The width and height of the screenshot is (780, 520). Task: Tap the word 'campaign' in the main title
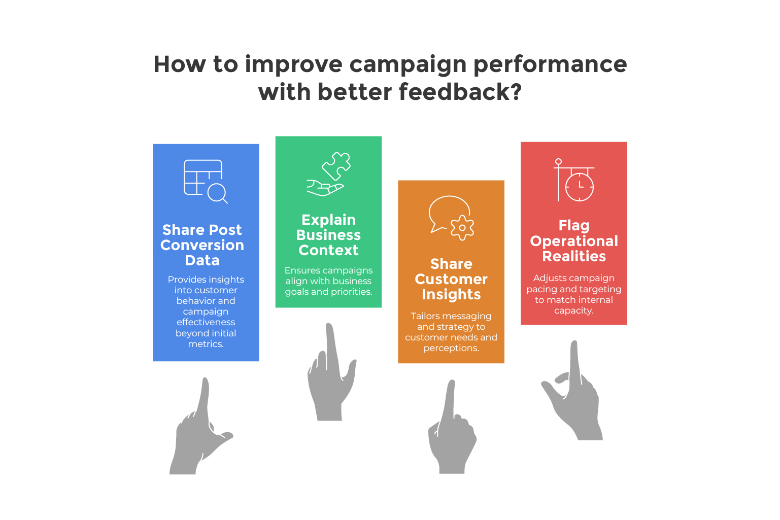pyautogui.click(x=408, y=65)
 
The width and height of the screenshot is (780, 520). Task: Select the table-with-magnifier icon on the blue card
pyautogui.click(x=206, y=181)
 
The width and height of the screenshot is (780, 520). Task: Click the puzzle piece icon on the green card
pyautogui.click(x=336, y=166)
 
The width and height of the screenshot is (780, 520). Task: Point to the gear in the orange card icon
pyautogui.click(x=462, y=228)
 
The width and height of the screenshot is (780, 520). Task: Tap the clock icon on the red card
pyautogui.click(x=580, y=187)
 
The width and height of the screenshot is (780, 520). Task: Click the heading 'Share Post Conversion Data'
pyautogui.click(x=202, y=245)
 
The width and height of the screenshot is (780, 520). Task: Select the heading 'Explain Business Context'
pyautogui.click(x=328, y=235)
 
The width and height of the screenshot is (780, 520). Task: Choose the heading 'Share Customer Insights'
pyautogui.click(x=451, y=279)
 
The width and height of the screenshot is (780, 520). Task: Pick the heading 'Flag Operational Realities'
pyautogui.click(x=574, y=241)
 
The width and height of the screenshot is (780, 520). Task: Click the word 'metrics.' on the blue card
pyautogui.click(x=206, y=344)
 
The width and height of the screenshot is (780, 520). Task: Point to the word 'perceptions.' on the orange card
pyautogui.click(x=451, y=348)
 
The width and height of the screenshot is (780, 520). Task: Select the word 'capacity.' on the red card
pyautogui.click(x=574, y=310)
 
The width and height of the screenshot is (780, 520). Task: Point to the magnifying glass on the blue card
pyautogui.click(x=217, y=193)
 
